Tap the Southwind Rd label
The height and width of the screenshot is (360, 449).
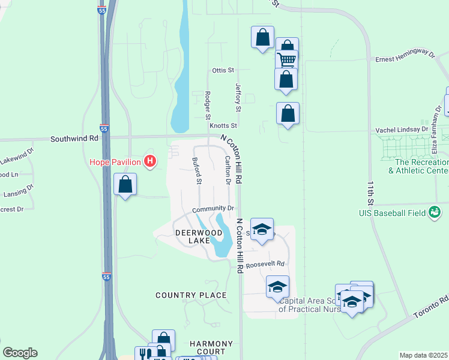74,138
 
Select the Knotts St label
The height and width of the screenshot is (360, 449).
223,126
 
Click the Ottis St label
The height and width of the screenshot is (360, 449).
223,70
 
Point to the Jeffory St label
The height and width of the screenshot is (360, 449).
238,98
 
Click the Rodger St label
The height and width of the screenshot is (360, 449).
207,105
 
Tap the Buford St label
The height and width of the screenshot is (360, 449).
196,170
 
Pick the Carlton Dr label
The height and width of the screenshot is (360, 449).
228,170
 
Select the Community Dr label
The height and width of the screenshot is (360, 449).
212,209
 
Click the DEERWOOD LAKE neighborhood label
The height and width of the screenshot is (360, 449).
191,236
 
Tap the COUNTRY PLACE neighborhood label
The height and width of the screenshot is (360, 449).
191,295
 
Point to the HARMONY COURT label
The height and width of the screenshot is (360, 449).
207,347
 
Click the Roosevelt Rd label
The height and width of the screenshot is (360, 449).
264,263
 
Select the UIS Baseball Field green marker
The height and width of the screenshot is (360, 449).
435,212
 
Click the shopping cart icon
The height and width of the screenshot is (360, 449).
287,59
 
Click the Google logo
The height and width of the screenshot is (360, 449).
20,353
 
